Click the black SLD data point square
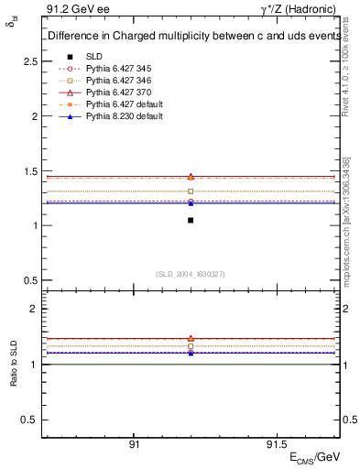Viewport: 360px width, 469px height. pos(191,220)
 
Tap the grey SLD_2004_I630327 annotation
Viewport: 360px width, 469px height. pos(191,274)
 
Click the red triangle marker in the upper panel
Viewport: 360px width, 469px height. pos(191,176)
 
